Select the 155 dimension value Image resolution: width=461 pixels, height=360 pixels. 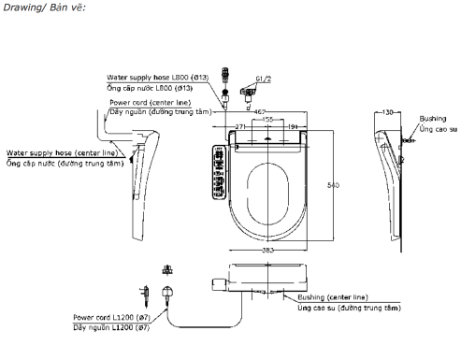[267, 121]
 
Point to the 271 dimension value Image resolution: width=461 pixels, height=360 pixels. [241, 125]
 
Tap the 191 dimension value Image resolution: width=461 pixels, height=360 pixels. [293, 125]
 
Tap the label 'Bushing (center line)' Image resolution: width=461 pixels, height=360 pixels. [329, 297]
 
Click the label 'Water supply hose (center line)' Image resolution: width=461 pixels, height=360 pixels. [62, 151]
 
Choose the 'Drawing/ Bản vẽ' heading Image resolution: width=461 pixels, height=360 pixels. [32, 8]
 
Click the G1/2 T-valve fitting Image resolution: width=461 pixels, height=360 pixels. [248, 91]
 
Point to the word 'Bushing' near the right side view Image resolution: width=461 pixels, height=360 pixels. [433, 120]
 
